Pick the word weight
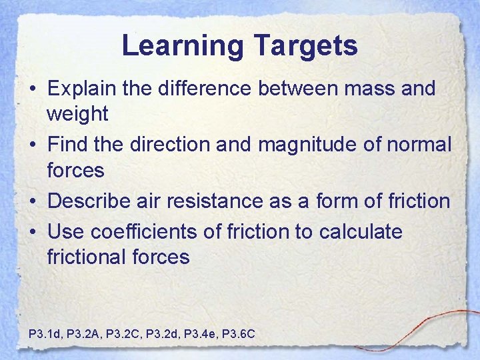tap(77, 114)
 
